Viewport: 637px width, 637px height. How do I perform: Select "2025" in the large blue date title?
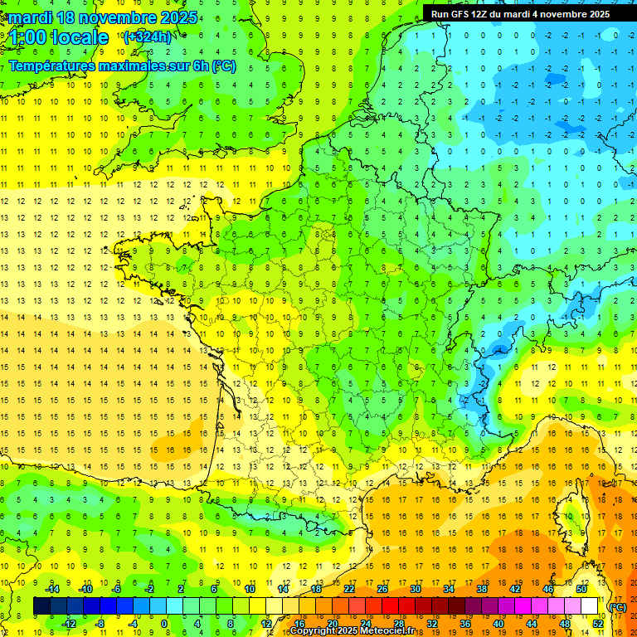[177, 17]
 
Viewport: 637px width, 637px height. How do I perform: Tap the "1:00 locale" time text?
[60, 37]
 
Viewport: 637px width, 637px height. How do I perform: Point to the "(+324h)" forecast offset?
[148, 36]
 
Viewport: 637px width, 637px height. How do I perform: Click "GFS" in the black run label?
[468, 14]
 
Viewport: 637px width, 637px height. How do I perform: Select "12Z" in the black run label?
[490, 14]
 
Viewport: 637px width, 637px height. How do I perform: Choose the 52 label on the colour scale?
[598, 624]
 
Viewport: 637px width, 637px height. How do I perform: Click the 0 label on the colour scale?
[164, 624]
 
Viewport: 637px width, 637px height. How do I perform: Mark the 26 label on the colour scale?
[382, 589]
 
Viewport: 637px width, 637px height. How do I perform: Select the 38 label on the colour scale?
[481, 589]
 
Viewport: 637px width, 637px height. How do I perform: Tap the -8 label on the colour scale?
[100, 624]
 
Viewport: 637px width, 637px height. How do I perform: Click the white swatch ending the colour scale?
[590, 606]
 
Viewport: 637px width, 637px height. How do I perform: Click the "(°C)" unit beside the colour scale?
[618, 606]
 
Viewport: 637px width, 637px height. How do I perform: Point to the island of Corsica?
[571, 514]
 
